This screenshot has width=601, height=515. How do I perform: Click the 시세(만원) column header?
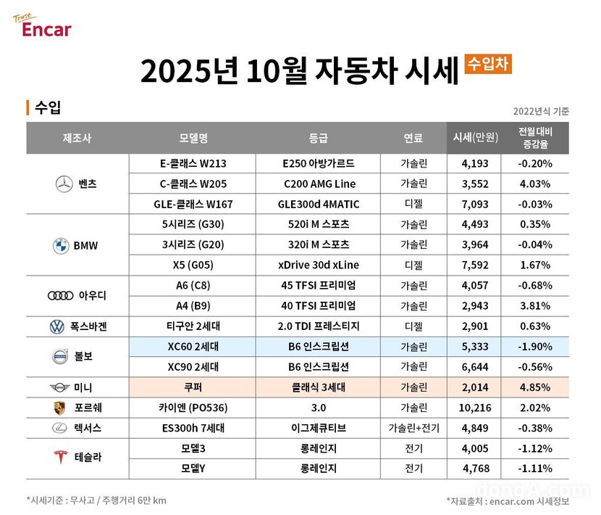pos(474,138)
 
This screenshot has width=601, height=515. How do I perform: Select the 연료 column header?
pos(413,138)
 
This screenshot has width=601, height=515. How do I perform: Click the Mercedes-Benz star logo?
pos(64,184)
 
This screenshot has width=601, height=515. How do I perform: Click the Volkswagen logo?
pos(56,326)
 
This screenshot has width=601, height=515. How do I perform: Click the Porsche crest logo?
pos(59,408)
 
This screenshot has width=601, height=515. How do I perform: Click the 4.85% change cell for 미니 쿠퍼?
pos(536,387)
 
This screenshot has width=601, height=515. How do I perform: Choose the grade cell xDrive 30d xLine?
pos(319,265)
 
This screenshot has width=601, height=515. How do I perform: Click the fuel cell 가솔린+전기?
pos(413,428)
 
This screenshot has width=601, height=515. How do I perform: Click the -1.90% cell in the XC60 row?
pos(536,347)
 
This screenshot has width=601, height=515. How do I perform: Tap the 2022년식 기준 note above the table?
pos(540,111)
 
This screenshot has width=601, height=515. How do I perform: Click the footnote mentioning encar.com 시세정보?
pos(508,500)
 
